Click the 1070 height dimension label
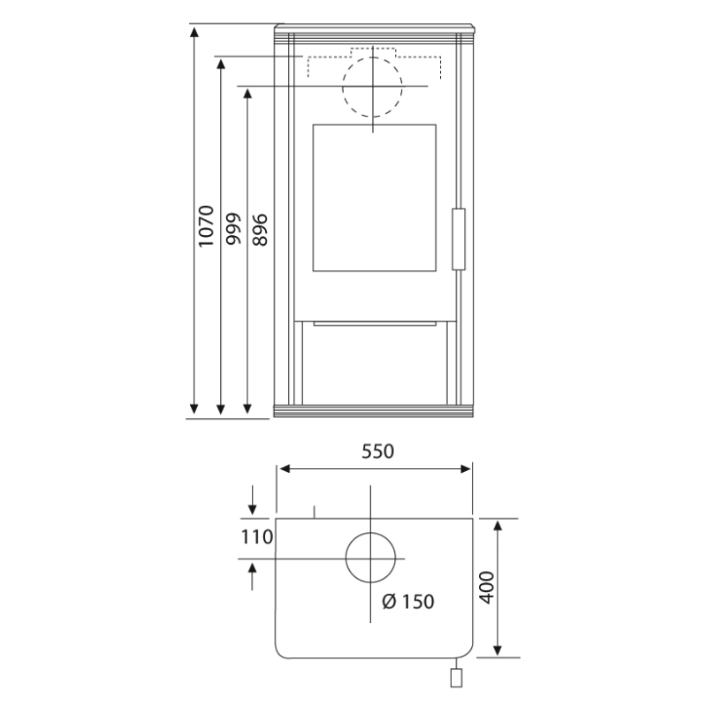click(x=206, y=226)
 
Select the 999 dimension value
click(x=233, y=229)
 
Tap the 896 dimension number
click(x=260, y=230)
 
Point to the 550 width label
click(x=378, y=452)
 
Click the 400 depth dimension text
click(x=487, y=587)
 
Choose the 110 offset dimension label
click(x=257, y=537)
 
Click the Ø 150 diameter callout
click(x=408, y=602)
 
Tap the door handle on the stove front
click(x=459, y=239)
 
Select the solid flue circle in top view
click(x=370, y=533)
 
